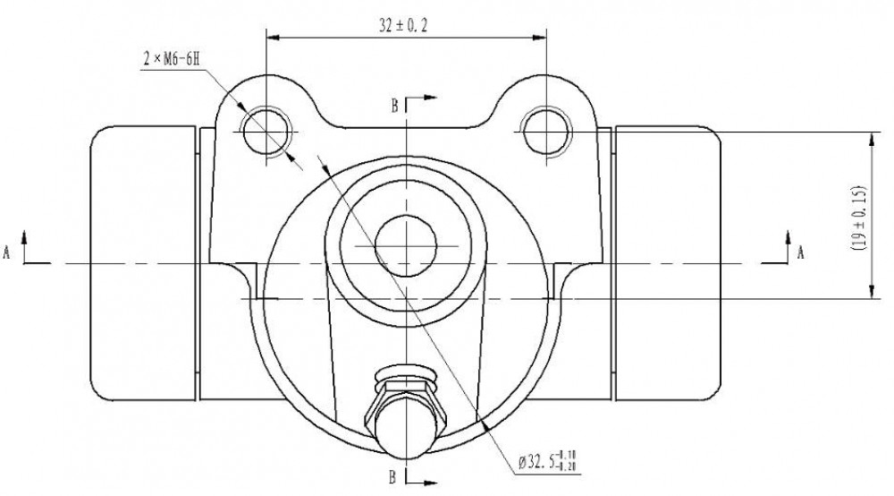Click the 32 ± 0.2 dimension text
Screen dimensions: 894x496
click(403, 25)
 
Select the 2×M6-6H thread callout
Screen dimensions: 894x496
click(171, 59)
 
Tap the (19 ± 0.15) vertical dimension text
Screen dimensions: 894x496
click(858, 218)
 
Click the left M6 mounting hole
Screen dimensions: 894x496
click(266, 132)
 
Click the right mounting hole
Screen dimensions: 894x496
click(546, 132)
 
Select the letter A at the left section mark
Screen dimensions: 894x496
click(7, 252)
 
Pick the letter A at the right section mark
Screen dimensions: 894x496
click(800, 252)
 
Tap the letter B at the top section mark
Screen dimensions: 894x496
click(394, 106)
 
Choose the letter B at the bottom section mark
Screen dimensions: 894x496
click(392, 476)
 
